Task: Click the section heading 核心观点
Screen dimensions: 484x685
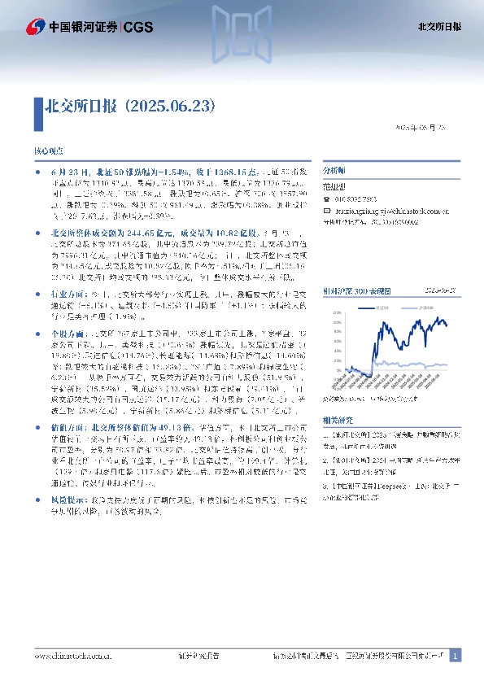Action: point(47,152)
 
